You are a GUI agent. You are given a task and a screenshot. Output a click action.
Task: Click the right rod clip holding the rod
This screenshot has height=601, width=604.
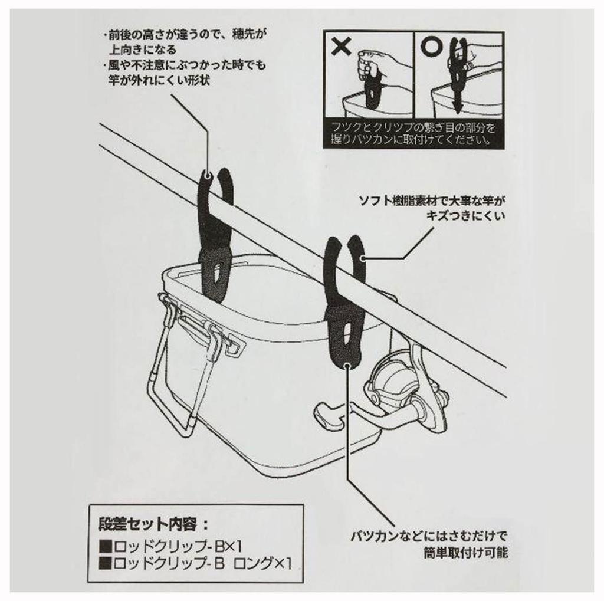pos(347,301)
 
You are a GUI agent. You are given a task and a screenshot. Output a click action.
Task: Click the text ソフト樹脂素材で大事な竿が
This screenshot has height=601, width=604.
pos(431,202)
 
